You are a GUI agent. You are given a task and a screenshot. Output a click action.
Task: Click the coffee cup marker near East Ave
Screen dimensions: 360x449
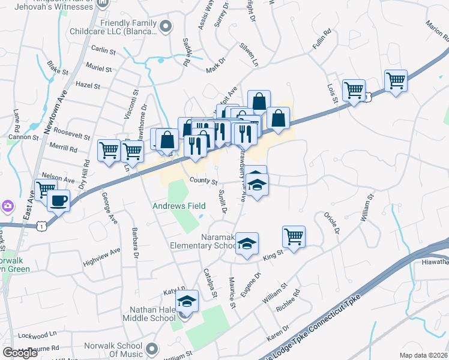(58, 200)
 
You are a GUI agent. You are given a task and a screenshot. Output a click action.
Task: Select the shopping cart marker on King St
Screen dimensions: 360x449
(294, 236)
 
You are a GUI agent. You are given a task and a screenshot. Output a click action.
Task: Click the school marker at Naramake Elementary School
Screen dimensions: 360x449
(247, 242)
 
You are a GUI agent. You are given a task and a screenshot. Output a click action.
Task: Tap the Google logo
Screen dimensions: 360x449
(20, 353)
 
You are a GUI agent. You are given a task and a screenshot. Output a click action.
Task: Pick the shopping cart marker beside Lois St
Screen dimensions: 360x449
(354, 91)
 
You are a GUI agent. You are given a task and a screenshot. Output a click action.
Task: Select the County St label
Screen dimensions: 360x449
(202, 180)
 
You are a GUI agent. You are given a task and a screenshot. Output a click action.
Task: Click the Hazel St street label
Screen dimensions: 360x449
(88, 86)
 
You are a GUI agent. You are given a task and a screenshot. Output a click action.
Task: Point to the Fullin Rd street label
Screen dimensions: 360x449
(322, 41)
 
